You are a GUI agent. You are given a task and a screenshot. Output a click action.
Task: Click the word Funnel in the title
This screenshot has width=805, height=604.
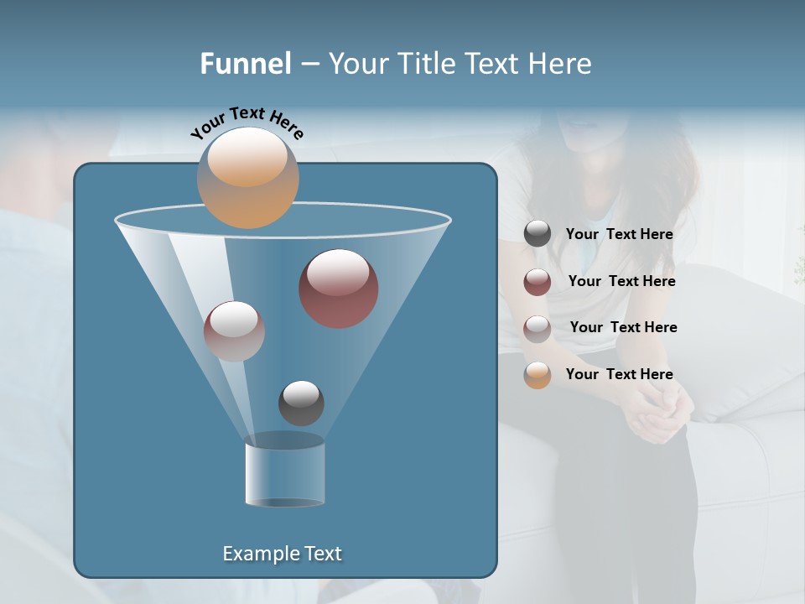[x=245, y=64]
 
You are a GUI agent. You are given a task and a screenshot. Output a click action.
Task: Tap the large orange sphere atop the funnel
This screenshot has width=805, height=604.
[x=247, y=178]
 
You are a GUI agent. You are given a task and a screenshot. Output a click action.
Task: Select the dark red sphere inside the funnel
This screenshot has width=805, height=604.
[x=339, y=289]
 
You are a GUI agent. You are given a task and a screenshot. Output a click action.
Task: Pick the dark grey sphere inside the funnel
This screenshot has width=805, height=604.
[x=301, y=403]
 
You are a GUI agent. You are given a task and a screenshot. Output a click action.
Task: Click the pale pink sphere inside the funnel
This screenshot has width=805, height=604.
[x=234, y=331]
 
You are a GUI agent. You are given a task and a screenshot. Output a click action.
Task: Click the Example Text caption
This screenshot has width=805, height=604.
[x=282, y=554]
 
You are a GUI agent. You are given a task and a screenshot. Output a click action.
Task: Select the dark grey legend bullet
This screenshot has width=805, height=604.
[x=538, y=234]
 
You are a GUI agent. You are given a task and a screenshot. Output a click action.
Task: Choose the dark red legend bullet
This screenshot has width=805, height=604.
[x=538, y=282]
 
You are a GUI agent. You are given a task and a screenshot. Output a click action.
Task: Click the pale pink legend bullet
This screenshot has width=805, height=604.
[x=538, y=329]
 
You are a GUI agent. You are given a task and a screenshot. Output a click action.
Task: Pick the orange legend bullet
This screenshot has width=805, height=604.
[x=538, y=375]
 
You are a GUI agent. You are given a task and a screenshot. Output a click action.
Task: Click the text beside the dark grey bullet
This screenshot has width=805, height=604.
[x=619, y=235]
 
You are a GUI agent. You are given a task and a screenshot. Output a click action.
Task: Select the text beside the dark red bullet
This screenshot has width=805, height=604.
[x=621, y=281]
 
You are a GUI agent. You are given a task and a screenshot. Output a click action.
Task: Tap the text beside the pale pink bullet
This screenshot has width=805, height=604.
[x=623, y=327]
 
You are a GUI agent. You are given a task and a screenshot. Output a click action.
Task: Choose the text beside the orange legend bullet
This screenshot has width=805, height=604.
[x=619, y=374]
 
